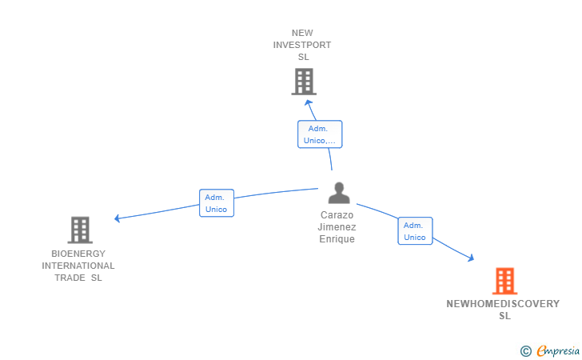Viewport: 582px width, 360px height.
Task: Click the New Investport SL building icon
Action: click(x=303, y=82)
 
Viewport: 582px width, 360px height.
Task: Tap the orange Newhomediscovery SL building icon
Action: click(x=504, y=281)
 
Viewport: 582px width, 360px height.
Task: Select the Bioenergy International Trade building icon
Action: click(x=79, y=230)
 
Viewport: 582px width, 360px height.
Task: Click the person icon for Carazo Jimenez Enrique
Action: click(x=339, y=194)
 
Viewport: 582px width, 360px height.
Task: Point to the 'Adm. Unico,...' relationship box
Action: click(x=320, y=134)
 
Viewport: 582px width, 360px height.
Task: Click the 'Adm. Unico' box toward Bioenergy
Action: click(x=216, y=203)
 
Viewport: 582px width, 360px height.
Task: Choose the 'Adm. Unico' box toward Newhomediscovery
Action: click(x=415, y=231)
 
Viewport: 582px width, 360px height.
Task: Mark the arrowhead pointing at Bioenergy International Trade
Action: click(x=118, y=218)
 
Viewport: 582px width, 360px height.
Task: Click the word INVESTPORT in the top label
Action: click(x=302, y=45)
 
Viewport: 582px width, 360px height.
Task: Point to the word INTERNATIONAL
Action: click(x=78, y=266)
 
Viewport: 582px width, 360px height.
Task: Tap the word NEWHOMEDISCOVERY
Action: click(x=503, y=304)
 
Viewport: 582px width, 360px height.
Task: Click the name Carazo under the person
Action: click(x=337, y=215)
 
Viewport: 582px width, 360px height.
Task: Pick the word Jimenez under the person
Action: click(x=337, y=227)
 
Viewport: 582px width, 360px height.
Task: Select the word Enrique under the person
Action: click(x=337, y=239)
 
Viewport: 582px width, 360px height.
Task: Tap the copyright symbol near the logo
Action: click(x=525, y=350)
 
